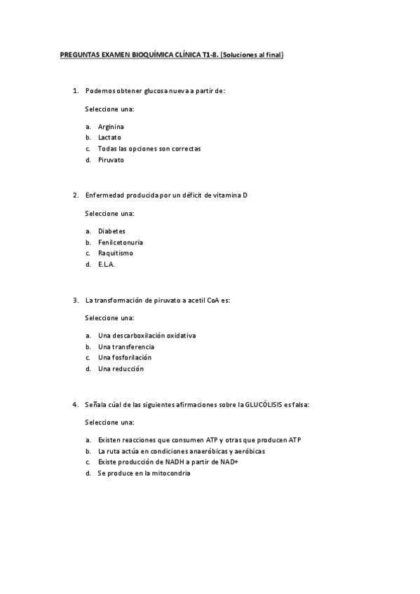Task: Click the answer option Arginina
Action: [111, 127]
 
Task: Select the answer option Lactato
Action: [109, 138]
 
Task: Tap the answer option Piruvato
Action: [111, 160]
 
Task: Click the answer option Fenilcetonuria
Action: [116, 242]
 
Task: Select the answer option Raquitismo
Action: [115, 254]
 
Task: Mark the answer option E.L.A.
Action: [107, 265]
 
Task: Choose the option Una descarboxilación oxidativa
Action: [147, 336]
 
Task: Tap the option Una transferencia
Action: [126, 347]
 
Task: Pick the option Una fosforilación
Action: [125, 358]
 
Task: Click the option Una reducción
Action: [121, 369]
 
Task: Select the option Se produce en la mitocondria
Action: [144, 474]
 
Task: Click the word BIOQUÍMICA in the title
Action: [142, 53]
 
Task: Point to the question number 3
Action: [76, 301]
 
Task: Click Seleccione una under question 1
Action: [109, 109]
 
